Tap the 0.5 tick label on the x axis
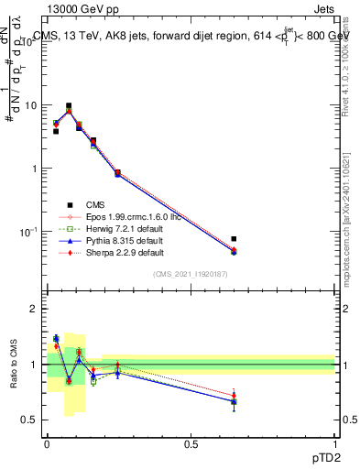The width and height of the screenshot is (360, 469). tap(191, 443)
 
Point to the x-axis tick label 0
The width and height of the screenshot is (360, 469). tap(47, 443)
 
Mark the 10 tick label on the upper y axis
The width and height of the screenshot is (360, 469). tap(32, 105)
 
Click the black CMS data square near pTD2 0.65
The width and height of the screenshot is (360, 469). tap(234, 239)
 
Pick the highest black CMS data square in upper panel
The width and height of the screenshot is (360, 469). tap(69, 106)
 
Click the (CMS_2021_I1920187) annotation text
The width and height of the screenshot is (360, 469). tap(190, 274)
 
